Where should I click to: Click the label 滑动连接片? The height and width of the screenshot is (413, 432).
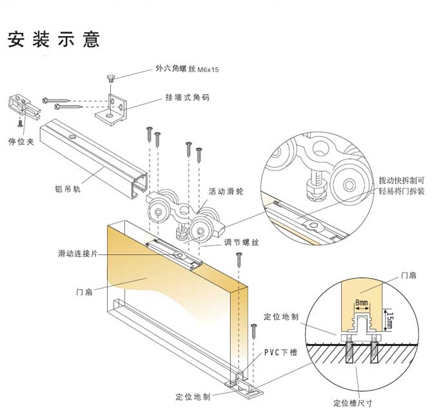tap(77, 254)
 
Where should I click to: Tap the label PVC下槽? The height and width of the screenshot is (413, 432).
tap(280, 354)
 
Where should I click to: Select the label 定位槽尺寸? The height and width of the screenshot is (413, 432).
tap(353, 403)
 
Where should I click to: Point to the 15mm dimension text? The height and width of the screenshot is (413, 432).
tap(389, 317)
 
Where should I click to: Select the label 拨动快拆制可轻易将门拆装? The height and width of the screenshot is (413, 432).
tap(402, 186)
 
